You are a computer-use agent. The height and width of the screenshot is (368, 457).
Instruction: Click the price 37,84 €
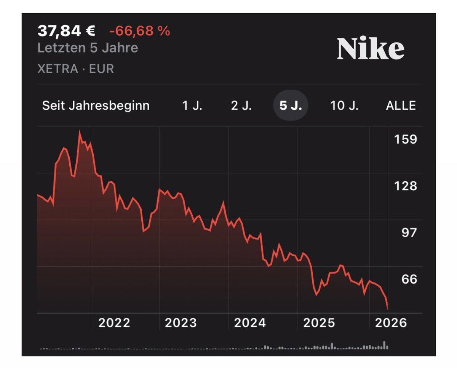point(66,31)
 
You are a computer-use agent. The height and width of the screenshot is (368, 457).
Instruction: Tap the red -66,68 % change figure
point(139,31)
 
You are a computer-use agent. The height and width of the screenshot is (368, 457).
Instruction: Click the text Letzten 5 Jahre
point(88,48)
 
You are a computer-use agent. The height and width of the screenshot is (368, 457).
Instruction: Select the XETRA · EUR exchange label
point(76,69)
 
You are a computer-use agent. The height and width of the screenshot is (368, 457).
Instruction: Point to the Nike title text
point(371,49)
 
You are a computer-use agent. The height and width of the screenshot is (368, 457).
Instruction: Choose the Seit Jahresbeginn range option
point(96,106)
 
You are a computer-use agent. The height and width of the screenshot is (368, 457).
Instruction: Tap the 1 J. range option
point(192,106)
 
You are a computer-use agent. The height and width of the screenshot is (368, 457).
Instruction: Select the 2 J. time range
point(241,106)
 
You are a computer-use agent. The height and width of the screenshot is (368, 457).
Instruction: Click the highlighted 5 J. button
point(291,106)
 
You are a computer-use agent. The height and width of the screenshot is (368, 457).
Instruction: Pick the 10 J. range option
point(344,106)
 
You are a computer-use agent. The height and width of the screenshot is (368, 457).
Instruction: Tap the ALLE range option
point(401,106)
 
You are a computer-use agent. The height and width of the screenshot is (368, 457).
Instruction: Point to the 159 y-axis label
point(405,139)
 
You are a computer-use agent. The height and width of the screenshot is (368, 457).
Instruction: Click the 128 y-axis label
point(405,186)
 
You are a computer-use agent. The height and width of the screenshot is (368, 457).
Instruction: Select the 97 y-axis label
point(409,232)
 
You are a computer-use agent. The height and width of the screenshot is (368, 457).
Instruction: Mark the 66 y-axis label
point(409,279)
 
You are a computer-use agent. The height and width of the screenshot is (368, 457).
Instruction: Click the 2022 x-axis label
point(114,323)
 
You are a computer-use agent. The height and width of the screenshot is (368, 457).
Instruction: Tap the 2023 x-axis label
point(181,323)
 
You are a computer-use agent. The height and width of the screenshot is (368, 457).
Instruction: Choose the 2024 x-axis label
point(250,323)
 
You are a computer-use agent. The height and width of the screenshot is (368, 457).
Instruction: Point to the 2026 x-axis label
point(391,323)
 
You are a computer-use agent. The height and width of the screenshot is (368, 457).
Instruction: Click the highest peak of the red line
point(80,131)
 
